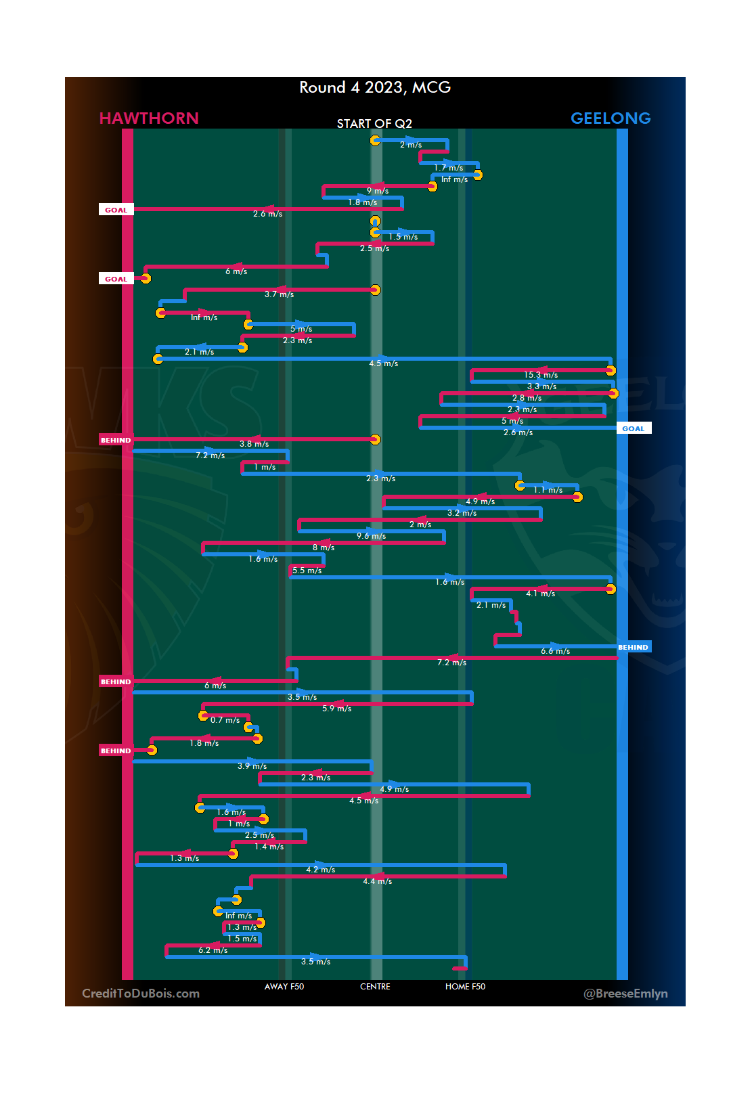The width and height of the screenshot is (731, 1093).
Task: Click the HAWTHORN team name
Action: coord(149,118)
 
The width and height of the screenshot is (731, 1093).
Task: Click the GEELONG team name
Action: coord(611,118)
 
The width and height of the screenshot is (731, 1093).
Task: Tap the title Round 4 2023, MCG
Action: coord(375,87)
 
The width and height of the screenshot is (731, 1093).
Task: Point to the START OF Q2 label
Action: coord(374,123)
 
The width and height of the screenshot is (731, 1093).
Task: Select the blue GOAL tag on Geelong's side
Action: coord(634,428)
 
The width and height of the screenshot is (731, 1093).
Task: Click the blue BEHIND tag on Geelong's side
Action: coord(634,647)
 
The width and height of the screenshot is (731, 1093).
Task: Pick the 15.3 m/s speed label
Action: coord(541,375)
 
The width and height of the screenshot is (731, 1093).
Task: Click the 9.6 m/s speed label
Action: coord(371,536)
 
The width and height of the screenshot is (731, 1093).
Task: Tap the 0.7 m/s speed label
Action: coord(225,720)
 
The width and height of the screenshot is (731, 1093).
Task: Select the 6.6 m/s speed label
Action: coord(555,651)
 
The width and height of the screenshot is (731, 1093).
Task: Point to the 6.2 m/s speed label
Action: coord(213,950)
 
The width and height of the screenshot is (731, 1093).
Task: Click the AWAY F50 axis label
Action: coord(284,987)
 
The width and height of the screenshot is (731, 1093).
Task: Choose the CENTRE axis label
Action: coord(375,987)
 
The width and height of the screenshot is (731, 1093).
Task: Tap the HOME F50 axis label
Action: coord(465,987)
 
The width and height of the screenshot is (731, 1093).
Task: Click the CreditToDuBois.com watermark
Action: coord(141,994)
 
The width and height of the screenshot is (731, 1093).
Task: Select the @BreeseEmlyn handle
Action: coord(625,994)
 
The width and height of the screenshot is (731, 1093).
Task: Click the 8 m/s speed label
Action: coord(324,548)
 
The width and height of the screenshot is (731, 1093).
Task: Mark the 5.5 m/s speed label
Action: coord(307,571)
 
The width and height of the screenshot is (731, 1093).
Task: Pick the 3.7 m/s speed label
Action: coord(279,294)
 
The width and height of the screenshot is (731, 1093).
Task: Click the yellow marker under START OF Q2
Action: coord(375,140)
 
